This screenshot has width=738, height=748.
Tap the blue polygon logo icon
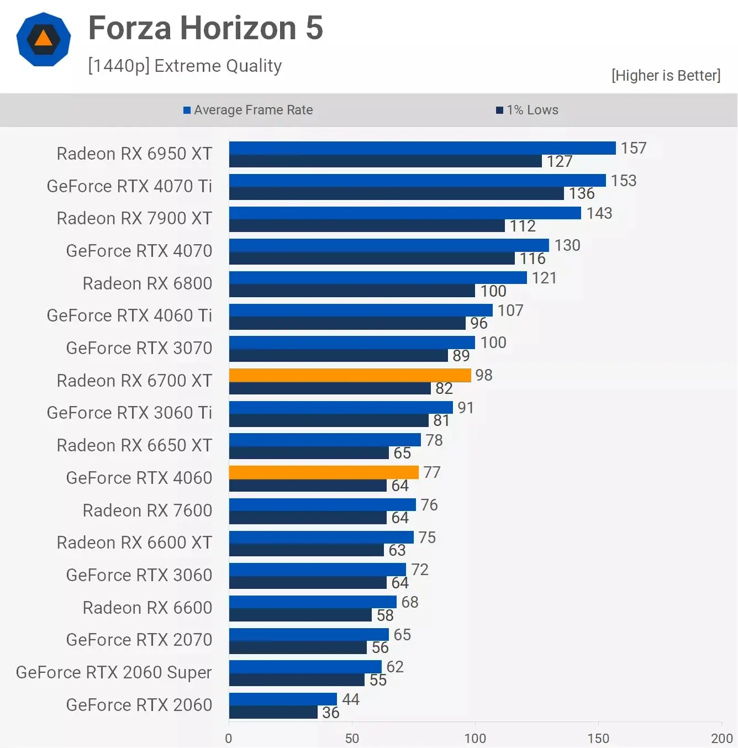pos(44,39)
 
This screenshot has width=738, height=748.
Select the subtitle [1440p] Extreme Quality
pos(184,66)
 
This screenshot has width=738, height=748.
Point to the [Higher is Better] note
pos(666,75)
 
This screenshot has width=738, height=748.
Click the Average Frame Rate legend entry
pos(248,110)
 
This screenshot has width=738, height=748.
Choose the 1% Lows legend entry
pos(527,110)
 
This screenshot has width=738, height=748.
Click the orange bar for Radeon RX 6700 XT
pos(350,375)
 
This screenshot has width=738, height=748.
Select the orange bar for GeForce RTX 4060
pos(324,472)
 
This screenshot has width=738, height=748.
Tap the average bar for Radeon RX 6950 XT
pos(422,148)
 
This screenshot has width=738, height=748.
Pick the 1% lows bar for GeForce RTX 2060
pos(273,713)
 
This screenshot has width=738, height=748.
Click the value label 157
pos(633,148)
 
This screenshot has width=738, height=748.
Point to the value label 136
pos(582,193)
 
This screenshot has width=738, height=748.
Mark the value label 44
pos(351,699)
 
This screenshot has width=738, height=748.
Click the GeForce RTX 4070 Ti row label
pos(129,186)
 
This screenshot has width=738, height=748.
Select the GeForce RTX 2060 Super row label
pos(114,672)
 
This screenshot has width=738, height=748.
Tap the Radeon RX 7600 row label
pos(147,510)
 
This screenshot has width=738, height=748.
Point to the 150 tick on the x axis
pos(598,738)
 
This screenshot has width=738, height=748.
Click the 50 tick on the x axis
pos(352,738)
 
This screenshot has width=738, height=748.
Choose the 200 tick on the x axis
pos(721,738)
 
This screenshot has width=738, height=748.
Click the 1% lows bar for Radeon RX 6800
pos(352,291)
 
